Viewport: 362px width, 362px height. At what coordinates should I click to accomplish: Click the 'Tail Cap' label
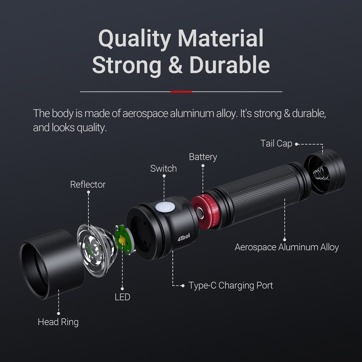276,144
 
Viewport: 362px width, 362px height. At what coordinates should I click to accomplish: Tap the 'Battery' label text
203,157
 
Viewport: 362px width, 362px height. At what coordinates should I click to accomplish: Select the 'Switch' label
164,169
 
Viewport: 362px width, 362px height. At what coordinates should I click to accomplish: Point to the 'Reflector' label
88,185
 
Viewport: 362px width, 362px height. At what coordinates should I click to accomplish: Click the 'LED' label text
122,297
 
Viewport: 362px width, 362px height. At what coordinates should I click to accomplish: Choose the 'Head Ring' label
58,322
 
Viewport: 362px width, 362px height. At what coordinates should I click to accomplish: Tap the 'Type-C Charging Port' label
231,286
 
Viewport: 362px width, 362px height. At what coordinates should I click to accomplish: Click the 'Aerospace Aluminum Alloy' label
287,247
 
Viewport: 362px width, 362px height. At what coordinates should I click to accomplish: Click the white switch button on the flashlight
165,207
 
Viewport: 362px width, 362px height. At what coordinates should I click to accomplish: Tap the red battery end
205,211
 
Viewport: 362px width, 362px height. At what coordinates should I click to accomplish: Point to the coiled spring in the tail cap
321,173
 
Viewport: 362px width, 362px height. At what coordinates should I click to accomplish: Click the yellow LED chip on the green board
122,240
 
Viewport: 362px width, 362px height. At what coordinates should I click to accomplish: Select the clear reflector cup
97,250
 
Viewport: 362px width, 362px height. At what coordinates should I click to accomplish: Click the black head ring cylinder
52,264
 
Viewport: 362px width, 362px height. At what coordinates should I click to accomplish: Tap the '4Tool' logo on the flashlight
184,237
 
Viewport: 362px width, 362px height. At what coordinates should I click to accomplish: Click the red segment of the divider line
181,92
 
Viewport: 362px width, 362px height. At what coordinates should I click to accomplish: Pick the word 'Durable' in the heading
230,65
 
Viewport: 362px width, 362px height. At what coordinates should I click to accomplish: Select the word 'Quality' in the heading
135,39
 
